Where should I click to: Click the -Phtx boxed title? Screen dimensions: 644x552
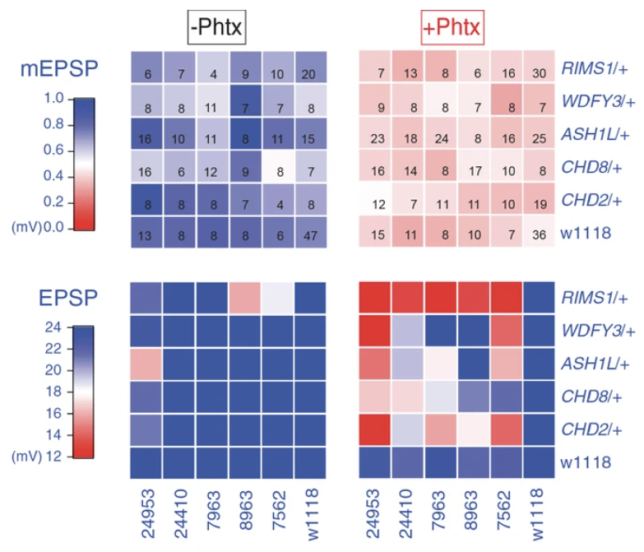(217, 27)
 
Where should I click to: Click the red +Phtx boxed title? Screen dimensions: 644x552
(452, 27)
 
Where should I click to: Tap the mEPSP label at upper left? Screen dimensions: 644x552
(59, 68)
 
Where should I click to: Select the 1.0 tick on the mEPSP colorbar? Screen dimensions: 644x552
(53, 98)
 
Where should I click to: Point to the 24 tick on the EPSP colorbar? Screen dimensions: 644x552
(53, 327)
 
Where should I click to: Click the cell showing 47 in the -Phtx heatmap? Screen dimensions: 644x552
(311, 233)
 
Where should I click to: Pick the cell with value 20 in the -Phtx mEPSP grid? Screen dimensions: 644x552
(311, 67)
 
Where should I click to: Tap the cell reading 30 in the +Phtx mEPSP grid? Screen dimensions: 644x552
(539, 67)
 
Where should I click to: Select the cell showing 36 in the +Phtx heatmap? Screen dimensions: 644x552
(539, 232)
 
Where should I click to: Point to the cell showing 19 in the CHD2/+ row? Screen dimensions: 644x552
(539, 199)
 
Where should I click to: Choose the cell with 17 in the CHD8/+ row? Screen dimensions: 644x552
(474, 165)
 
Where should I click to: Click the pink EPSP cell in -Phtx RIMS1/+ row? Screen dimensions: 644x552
(245, 298)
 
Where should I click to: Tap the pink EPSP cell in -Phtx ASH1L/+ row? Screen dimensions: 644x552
(146, 364)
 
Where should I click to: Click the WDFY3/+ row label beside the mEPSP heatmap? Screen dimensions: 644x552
(599, 101)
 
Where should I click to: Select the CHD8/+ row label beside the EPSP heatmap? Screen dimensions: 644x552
(591, 397)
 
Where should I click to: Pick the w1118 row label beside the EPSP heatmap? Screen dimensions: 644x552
(586, 462)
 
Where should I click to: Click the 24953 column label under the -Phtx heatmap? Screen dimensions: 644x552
(148, 513)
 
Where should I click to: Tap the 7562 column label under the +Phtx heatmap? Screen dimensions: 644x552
(503, 511)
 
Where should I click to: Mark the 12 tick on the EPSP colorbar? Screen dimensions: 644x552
(53, 457)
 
